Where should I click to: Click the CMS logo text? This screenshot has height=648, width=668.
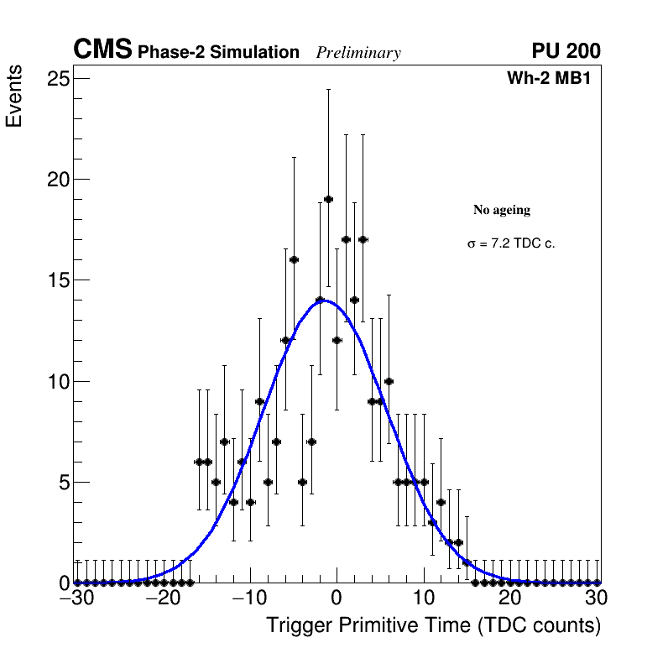(x=102, y=50)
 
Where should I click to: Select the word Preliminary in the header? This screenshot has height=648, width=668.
(x=358, y=54)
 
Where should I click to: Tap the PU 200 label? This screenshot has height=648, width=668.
(x=566, y=51)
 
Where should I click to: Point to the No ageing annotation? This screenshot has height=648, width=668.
(x=502, y=210)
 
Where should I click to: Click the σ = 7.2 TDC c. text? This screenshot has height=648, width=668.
(x=511, y=244)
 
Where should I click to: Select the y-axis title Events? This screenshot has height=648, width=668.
(x=14, y=98)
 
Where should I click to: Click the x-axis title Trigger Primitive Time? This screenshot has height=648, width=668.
(x=433, y=626)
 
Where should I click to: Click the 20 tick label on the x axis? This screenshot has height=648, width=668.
(x=510, y=598)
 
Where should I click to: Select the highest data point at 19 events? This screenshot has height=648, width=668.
(x=328, y=199)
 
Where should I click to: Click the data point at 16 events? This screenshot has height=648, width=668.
(x=294, y=259)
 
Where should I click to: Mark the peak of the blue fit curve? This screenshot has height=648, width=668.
(x=326, y=300)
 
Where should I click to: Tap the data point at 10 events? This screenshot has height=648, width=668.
(x=389, y=381)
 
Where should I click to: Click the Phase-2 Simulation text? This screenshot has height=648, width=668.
(x=218, y=53)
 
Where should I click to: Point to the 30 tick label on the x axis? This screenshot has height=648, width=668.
(x=597, y=598)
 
